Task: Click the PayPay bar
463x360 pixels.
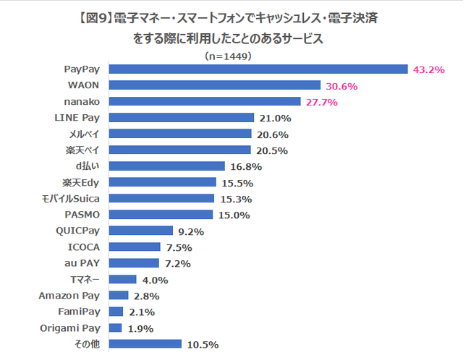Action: (258, 69)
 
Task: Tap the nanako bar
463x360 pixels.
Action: (205, 102)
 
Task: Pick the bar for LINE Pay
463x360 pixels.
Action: (181, 118)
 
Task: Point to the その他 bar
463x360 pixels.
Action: (145, 344)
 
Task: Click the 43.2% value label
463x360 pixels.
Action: (428, 69)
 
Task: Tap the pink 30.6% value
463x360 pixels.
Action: (362, 86)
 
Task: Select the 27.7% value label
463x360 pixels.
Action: (321, 102)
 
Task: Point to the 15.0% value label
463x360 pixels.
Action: (234, 215)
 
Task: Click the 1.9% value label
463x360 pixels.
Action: (140, 328)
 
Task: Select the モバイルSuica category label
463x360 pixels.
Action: (75, 198)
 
